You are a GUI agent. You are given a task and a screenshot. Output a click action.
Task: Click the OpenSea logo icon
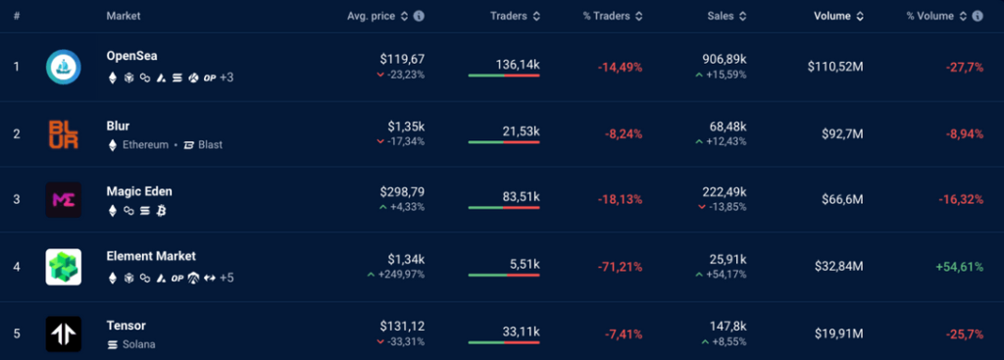click(x=63, y=67)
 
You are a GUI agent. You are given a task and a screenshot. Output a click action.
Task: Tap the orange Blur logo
click(x=63, y=133)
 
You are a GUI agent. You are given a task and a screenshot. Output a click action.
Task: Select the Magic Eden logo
click(x=63, y=200)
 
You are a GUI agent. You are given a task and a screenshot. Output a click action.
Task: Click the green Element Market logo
click(x=63, y=267)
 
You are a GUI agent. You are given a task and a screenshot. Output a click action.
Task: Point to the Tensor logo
click(x=63, y=334)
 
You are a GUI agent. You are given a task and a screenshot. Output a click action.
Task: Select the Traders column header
click(x=508, y=16)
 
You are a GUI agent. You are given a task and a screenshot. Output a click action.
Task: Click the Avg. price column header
click(x=378, y=16)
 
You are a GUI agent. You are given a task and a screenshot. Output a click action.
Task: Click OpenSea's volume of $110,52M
click(x=835, y=67)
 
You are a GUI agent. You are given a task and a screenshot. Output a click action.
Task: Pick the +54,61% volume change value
click(x=959, y=267)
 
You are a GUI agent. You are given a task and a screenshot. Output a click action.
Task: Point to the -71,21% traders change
click(x=620, y=267)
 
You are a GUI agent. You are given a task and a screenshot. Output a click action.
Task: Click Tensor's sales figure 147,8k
click(x=728, y=326)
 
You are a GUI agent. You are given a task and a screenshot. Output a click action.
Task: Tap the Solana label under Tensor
click(x=138, y=344)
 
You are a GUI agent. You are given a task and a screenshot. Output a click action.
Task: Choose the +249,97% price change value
click(x=400, y=274)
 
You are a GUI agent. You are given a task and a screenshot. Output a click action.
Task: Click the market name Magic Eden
click(x=139, y=191)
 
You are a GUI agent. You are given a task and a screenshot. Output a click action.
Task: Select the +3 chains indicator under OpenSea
click(x=226, y=77)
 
